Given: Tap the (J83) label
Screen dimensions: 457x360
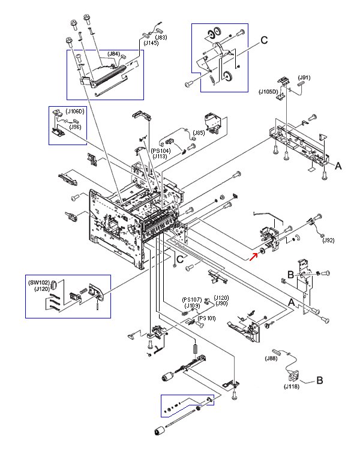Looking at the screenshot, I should click(x=160, y=37).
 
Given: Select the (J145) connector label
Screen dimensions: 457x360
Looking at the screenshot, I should click(x=152, y=43).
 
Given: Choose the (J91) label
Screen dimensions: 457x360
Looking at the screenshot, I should click(x=305, y=77).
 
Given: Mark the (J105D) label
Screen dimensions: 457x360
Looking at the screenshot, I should click(x=268, y=91).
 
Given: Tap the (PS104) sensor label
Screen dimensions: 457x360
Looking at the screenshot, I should click(x=160, y=151).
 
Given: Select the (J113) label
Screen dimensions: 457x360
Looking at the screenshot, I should click(x=160, y=156).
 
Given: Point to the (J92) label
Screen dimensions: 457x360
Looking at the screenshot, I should click(x=328, y=240).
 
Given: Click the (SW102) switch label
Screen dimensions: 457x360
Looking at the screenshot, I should click(x=38, y=282).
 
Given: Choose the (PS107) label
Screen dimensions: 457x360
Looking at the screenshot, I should click(x=192, y=300).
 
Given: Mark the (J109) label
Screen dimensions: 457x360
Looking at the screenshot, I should click(x=192, y=306).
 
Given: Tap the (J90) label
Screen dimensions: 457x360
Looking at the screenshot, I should click(x=221, y=303).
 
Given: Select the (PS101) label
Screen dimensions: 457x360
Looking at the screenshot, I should click(x=207, y=318).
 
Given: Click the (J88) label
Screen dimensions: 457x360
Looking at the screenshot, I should click(x=271, y=359).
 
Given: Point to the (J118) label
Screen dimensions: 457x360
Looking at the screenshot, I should click(x=293, y=386).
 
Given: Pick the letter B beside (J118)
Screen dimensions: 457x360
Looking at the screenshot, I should click(x=320, y=380).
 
